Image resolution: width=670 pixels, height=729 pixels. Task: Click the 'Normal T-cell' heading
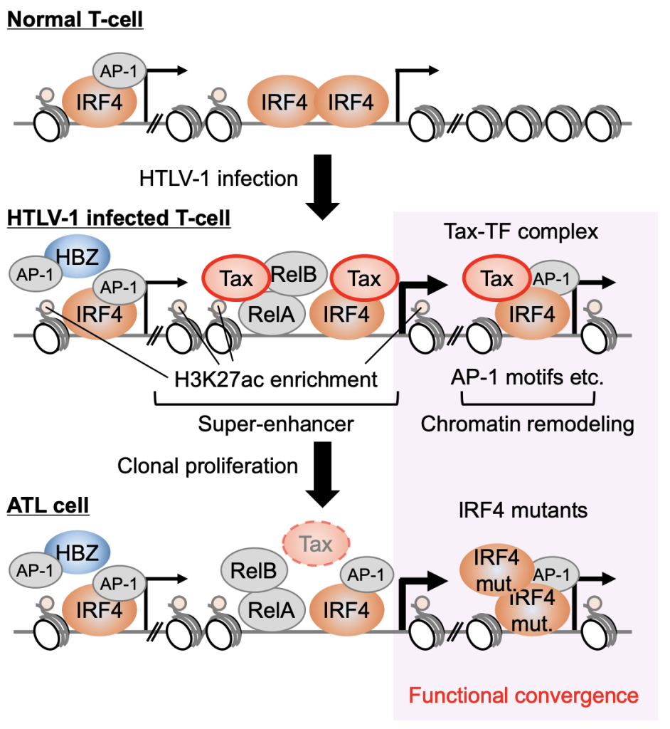[x=75, y=19]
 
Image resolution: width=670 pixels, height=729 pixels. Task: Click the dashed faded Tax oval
[x=316, y=545]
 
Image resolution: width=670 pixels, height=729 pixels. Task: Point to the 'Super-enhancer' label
[x=276, y=424]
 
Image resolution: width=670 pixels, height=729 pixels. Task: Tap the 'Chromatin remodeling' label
[x=528, y=424]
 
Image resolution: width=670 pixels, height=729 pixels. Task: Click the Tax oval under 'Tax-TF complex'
[x=497, y=279]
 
